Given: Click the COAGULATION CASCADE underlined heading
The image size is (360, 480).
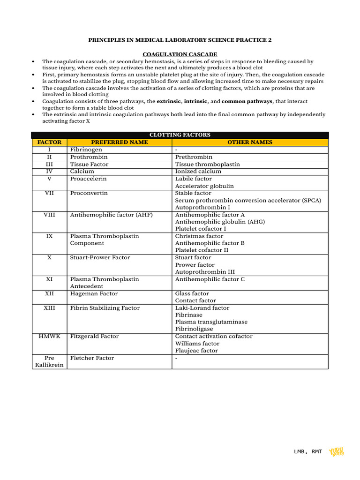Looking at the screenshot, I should coord(180,54).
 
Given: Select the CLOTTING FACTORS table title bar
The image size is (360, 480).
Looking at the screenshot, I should coord(180,135).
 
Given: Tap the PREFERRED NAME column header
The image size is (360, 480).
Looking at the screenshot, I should coord(119,142).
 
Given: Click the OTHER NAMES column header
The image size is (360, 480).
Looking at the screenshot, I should coord(250,142).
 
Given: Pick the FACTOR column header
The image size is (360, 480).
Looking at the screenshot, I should coord(49,142).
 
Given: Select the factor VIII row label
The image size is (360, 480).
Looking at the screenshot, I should coord(49,215).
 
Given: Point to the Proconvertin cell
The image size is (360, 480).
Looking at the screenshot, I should coord(89,193).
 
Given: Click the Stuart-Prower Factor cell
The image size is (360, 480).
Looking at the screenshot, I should coord(100,258).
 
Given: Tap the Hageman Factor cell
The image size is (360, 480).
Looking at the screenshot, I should coord(94,293).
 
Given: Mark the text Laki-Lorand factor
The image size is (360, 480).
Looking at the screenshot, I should coord(202,308).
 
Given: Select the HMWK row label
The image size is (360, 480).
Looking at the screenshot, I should coord(49,337).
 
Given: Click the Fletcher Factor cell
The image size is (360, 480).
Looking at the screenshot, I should coord(92,358).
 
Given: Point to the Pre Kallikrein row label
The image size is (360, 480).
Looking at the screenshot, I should coord(49,361).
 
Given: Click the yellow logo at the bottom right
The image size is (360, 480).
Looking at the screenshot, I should coord(337,452).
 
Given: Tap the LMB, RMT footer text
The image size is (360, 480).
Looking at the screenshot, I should coord(308,452).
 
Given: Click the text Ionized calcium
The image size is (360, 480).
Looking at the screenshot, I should coord(198,172).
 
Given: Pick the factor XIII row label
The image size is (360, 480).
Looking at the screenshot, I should coord(49,308).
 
